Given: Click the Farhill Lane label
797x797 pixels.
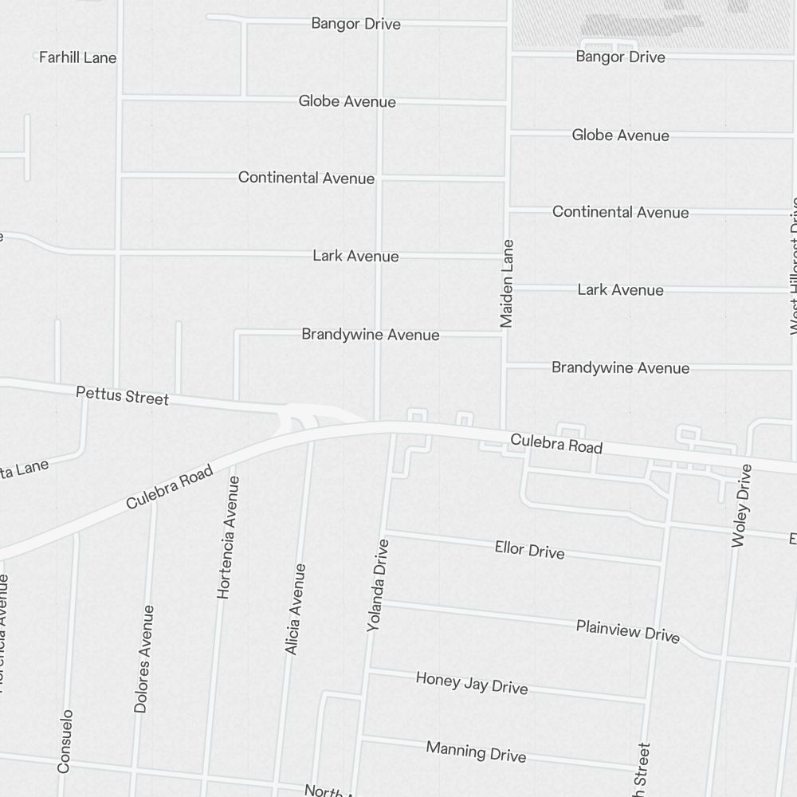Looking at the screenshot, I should (x=77, y=57).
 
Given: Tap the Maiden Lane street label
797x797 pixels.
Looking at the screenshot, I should (x=507, y=284).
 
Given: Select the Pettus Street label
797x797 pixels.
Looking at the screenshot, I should (x=122, y=395).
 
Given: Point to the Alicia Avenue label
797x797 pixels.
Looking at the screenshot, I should (x=295, y=610).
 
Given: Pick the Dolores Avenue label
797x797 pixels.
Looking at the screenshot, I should (x=144, y=659).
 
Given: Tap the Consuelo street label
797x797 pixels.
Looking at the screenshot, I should (x=65, y=741).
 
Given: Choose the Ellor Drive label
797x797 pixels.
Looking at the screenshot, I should (x=529, y=549).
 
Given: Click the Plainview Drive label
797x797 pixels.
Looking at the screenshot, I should (x=628, y=630).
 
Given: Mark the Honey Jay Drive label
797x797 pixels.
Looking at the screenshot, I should (x=472, y=682).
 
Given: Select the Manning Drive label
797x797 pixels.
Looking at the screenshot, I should (x=476, y=751).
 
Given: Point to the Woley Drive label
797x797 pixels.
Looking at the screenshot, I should (x=741, y=505).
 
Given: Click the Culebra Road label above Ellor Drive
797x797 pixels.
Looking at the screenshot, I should (x=556, y=443).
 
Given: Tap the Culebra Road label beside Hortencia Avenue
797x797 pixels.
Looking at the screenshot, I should (x=170, y=487).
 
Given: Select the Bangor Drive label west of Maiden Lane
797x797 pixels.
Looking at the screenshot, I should (x=355, y=23).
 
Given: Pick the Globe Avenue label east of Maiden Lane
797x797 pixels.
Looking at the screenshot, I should (x=620, y=135).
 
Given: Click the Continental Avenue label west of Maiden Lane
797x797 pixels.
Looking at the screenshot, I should (x=306, y=178).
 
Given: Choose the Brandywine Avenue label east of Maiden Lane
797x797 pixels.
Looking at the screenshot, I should (x=620, y=367).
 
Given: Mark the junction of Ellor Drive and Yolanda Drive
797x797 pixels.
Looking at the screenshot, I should (x=383, y=531).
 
